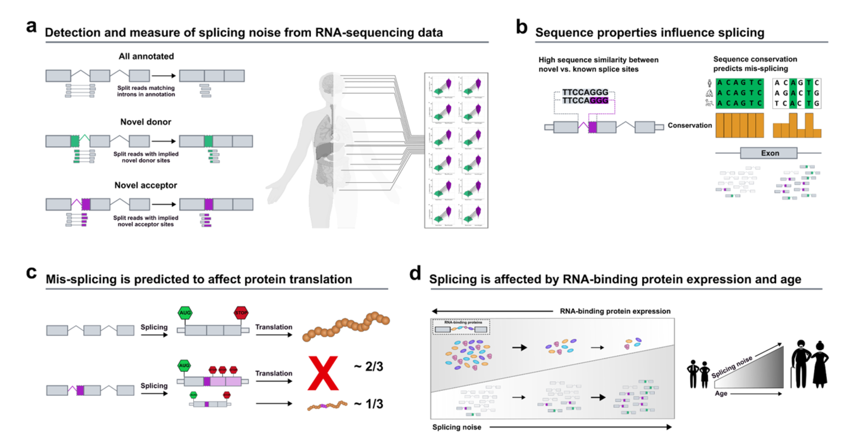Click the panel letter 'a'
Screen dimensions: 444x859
[31, 27]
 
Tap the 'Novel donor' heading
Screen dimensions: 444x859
[145, 122]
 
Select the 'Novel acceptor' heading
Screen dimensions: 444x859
[145, 185]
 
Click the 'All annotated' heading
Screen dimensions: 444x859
[146, 56]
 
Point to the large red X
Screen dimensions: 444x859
[323, 373]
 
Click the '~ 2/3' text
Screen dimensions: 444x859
[368, 366]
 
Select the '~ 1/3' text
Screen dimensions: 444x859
[368, 404]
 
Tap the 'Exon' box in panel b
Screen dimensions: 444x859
[769, 153]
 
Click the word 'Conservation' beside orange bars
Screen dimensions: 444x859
[690, 125]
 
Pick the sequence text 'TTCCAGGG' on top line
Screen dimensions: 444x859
[585, 92]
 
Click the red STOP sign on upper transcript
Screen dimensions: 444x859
[241, 313]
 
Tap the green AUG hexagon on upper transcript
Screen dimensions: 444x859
[185, 313]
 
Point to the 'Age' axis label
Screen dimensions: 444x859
[721, 393]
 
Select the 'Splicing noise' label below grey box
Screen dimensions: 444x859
[456, 427]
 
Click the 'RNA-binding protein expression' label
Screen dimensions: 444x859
[615, 311]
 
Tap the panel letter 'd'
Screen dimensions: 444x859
[415, 274]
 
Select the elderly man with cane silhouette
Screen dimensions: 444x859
[800, 364]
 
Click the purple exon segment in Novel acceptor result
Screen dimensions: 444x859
[209, 204]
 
